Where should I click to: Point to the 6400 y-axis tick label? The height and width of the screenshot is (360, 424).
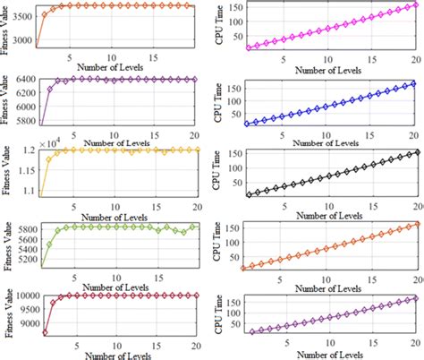[22, 79]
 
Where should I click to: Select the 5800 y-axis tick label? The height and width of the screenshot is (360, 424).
[22, 230]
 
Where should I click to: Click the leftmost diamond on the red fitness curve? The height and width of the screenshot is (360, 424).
[45, 332]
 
